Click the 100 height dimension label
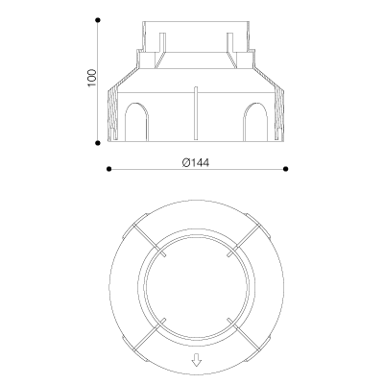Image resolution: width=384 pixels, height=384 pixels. (91, 78)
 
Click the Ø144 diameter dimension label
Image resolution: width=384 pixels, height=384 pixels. (196, 163)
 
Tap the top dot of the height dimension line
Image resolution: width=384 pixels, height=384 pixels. (98, 20)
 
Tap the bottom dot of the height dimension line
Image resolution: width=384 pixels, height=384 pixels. (98, 143)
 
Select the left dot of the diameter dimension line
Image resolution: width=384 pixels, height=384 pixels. (108, 169)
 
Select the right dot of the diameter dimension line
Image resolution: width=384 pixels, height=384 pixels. (286, 169)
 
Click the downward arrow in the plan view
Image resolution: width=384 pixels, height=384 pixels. (197, 362)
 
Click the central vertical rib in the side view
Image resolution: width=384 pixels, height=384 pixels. (196, 113)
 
